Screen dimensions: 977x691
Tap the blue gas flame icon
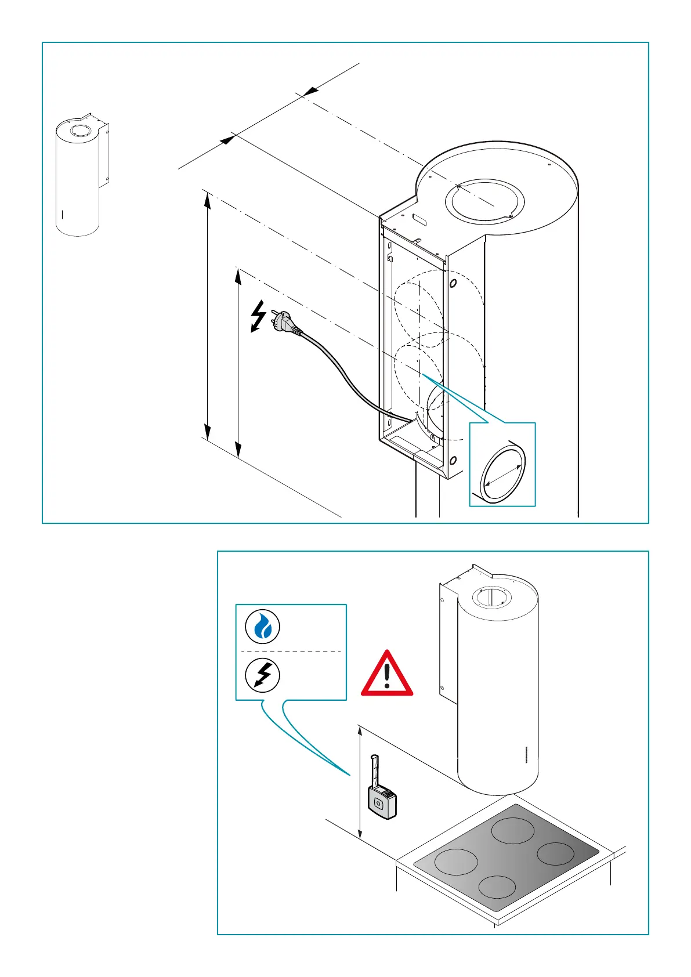(x=263, y=627)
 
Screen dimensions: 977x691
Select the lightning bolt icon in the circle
(x=263, y=675)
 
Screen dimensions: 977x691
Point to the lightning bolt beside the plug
(x=258, y=316)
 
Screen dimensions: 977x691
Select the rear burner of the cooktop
(x=512, y=831)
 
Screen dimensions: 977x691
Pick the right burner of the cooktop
(x=555, y=853)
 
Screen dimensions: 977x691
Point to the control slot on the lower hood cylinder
(x=526, y=754)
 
